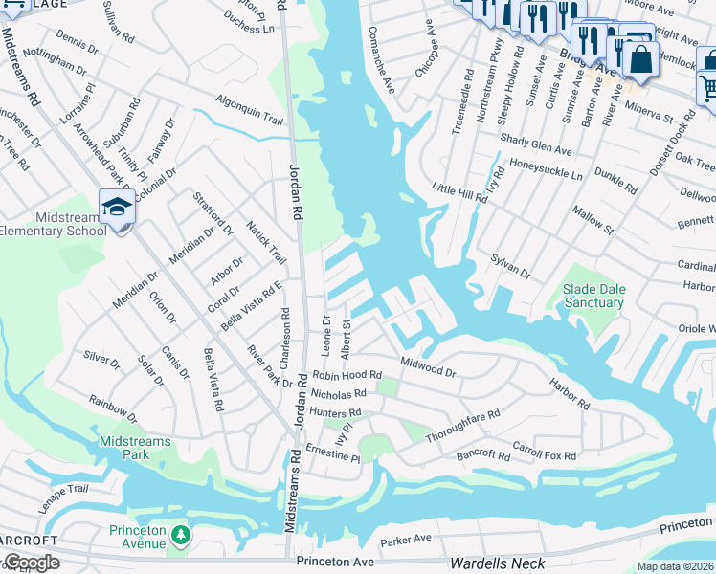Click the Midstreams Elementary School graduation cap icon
pos(116,207)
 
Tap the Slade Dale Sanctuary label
pos(593,296)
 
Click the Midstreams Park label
pos(123,448)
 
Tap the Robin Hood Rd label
pos(346,376)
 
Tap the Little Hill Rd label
pos(459,192)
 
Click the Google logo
pos(31,563)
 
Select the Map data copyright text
pos(675,566)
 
